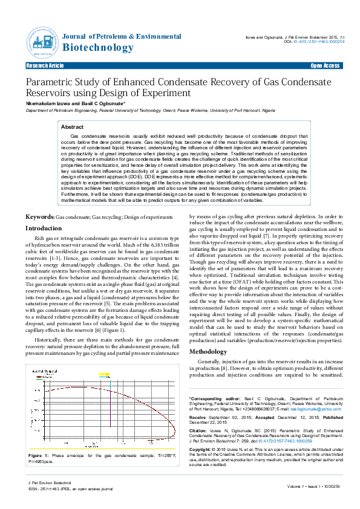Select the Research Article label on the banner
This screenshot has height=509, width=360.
tap(43, 65)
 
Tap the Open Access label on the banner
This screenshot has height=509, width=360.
tap(325, 65)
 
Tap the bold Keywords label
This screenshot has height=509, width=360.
tap(39, 199)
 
